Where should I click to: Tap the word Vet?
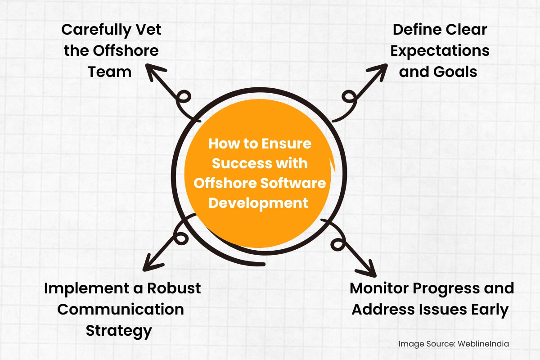148,30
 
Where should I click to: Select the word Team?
109,72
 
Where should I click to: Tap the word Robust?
174,288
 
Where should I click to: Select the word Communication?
121,309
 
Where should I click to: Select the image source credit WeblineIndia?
483,344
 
